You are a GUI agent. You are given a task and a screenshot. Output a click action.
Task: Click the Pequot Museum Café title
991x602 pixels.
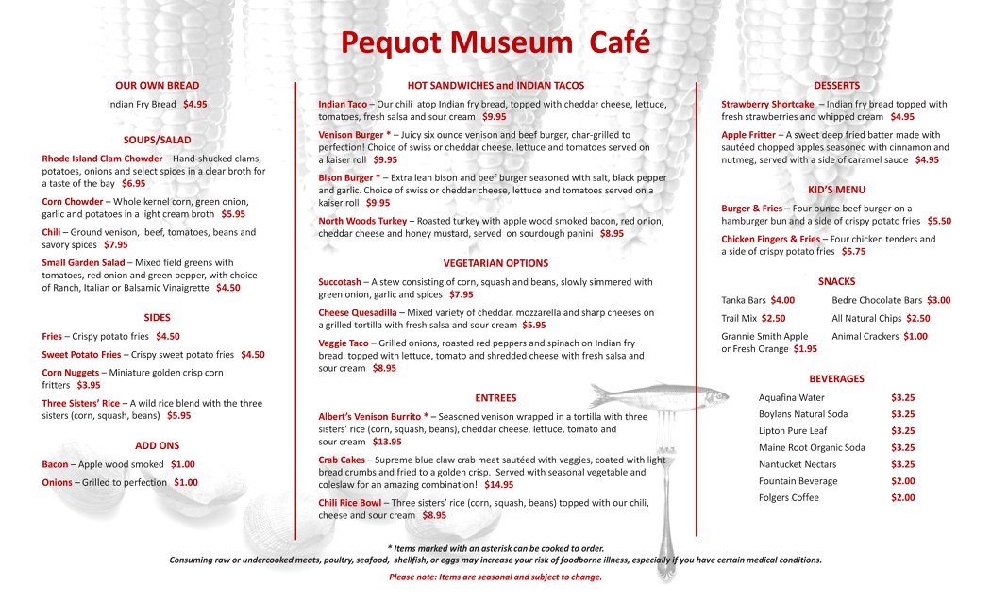pos(495,42)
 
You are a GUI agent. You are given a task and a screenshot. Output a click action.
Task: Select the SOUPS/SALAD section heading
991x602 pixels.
pos(157,140)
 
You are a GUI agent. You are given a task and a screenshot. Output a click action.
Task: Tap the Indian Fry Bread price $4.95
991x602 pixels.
pos(195,104)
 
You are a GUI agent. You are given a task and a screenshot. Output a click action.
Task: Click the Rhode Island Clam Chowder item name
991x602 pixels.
pos(102,159)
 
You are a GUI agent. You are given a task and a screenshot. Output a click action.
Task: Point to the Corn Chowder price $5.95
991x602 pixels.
pos(233,214)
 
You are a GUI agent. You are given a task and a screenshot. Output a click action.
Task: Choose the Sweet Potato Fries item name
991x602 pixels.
pos(81,355)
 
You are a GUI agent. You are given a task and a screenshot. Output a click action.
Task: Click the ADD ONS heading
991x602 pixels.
pos(157,445)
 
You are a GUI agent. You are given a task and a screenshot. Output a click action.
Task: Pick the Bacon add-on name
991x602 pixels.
pos(55,464)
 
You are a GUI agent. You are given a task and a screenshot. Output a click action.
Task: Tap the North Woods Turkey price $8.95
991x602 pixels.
pos(612,233)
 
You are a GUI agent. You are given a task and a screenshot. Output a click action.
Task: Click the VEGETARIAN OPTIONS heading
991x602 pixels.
pos(495,263)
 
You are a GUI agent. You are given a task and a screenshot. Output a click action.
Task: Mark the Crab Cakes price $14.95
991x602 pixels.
pos(498,484)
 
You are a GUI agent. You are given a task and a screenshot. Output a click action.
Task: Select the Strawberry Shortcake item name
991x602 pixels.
pos(767,104)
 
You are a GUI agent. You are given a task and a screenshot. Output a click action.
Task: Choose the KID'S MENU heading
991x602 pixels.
pos(836,190)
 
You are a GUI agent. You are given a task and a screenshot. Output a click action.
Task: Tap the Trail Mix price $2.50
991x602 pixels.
pos(773,319)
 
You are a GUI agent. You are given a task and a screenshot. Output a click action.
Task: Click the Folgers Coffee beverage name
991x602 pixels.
pos(788,498)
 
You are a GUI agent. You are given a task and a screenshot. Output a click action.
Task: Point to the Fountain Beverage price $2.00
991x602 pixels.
pos(902,481)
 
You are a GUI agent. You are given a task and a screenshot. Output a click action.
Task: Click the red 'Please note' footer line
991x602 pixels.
pos(495,577)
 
